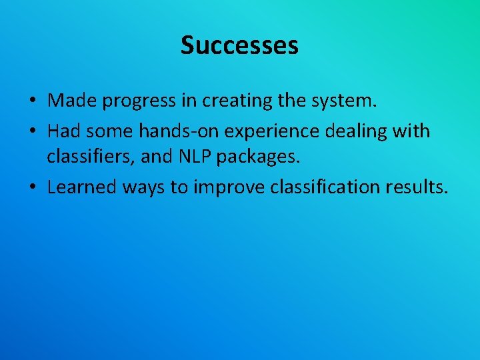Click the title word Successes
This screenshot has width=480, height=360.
coord(239,45)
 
